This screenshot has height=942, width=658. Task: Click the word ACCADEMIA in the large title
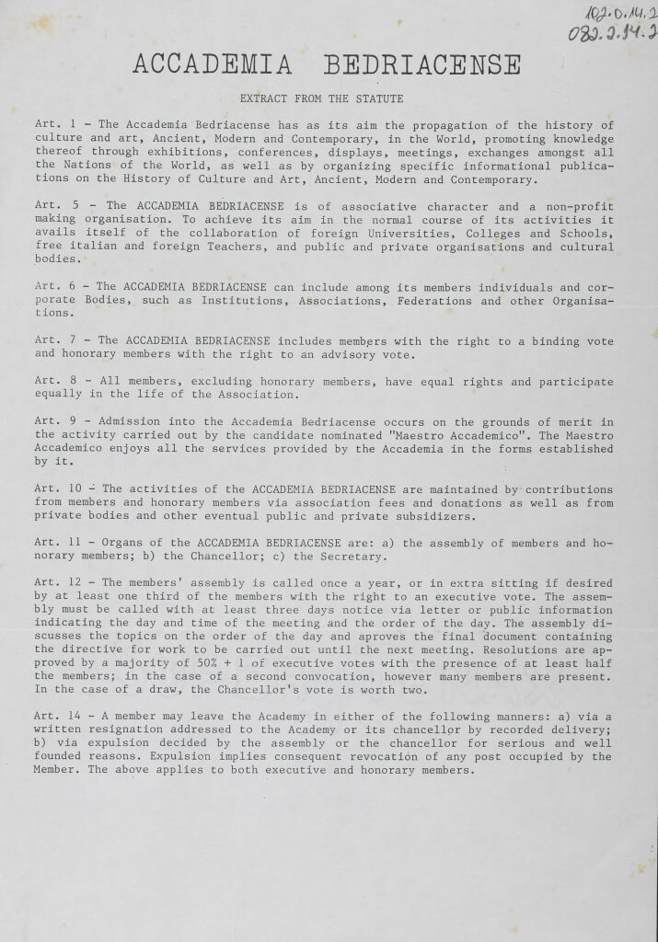point(213,64)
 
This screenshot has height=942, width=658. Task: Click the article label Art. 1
point(52,125)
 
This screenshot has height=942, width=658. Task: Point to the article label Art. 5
point(52,207)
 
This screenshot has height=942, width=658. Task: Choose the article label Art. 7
point(52,340)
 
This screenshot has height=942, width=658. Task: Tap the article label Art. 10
point(56,489)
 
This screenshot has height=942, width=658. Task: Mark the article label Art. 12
point(56,583)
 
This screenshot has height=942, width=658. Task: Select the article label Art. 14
point(56,718)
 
